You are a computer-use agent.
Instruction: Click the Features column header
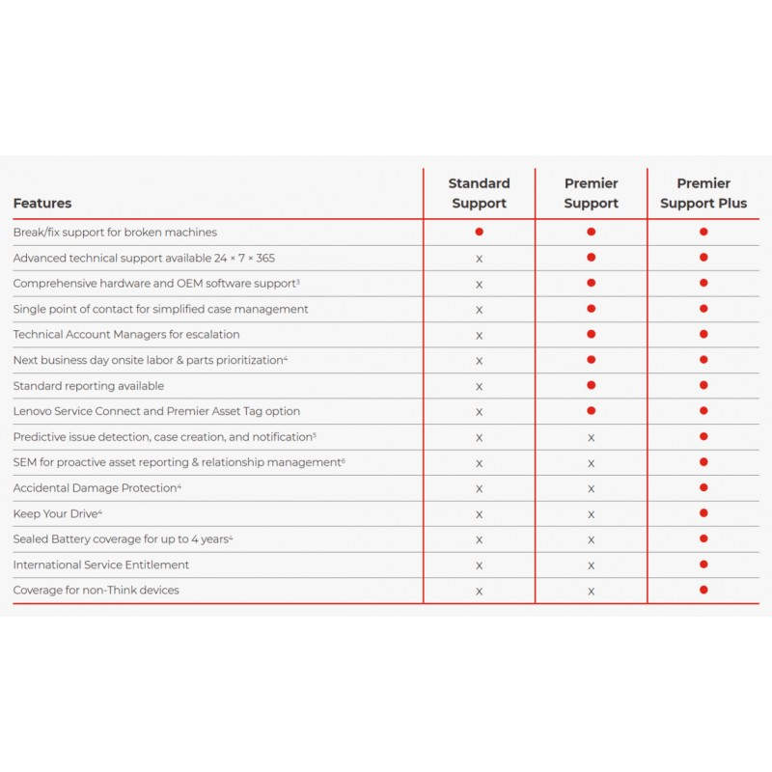click(x=42, y=204)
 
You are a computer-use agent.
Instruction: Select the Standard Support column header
click(x=479, y=193)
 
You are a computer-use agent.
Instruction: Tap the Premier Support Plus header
click(x=703, y=193)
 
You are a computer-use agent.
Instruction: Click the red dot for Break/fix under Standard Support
click(x=479, y=232)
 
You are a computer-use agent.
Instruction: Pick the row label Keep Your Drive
click(x=56, y=513)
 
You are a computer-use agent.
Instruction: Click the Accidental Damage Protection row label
click(x=95, y=488)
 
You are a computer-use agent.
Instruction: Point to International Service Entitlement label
click(x=101, y=565)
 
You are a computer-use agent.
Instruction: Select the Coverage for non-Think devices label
click(x=96, y=590)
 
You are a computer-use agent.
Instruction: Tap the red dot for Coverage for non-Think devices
click(x=703, y=590)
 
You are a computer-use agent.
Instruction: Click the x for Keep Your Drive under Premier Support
click(x=592, y=514)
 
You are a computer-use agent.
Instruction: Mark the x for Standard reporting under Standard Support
click(x=479, y=386)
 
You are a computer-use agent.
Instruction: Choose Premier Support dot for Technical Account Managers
click(x=592, y=334)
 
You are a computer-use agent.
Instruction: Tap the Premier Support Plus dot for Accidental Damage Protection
click(x=703, y=487)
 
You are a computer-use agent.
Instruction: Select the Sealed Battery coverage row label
click(x=121, y=538)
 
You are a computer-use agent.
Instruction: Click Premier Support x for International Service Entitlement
click(x=592, y=565)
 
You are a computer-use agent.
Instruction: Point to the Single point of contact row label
click(x=160, y=309)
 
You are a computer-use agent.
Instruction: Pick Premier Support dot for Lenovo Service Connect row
click(x=592, y=411)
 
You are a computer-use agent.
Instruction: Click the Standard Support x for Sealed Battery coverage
click(x=479, y=539)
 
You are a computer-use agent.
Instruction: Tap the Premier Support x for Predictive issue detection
click(x=592, y=437)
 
